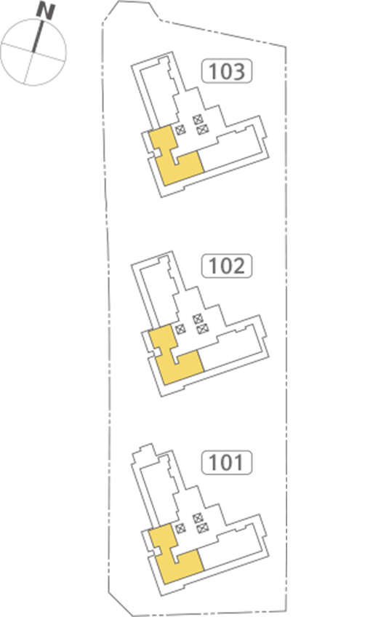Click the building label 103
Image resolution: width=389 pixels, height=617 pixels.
227,71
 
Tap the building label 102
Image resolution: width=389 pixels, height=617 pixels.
227,266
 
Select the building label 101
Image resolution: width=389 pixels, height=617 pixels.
227,462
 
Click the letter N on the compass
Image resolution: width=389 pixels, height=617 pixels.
46,12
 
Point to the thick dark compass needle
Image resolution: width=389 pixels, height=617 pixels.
37,36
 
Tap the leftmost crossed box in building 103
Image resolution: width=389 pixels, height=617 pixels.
180,130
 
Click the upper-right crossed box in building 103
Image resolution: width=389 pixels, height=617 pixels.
198,119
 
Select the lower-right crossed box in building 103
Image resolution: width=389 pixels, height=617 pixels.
202,129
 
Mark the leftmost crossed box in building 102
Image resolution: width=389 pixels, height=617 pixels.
180,329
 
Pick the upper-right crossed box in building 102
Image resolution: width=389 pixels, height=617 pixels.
198,318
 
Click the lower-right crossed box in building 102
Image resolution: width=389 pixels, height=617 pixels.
202,327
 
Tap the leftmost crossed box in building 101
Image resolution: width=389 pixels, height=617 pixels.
180,528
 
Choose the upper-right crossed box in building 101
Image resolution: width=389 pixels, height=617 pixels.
198,517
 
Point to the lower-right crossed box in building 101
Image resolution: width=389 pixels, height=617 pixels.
202,527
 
